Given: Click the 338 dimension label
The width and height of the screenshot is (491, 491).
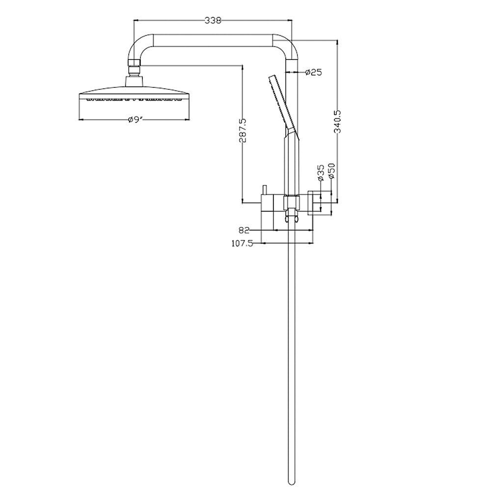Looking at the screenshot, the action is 213,20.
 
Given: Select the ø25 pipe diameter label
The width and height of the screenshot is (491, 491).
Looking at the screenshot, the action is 313,72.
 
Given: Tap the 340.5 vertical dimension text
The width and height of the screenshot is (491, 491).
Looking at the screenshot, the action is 338,121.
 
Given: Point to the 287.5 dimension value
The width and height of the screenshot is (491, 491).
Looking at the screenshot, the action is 243,130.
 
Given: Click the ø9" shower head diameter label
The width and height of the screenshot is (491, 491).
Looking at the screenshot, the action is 136,120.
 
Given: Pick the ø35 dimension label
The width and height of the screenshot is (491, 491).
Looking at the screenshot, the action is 321,173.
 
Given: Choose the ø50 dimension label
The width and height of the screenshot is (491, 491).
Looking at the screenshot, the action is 331,171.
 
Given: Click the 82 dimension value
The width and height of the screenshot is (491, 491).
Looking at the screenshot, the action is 244,230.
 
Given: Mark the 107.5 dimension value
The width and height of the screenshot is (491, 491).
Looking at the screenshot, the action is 242,244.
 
